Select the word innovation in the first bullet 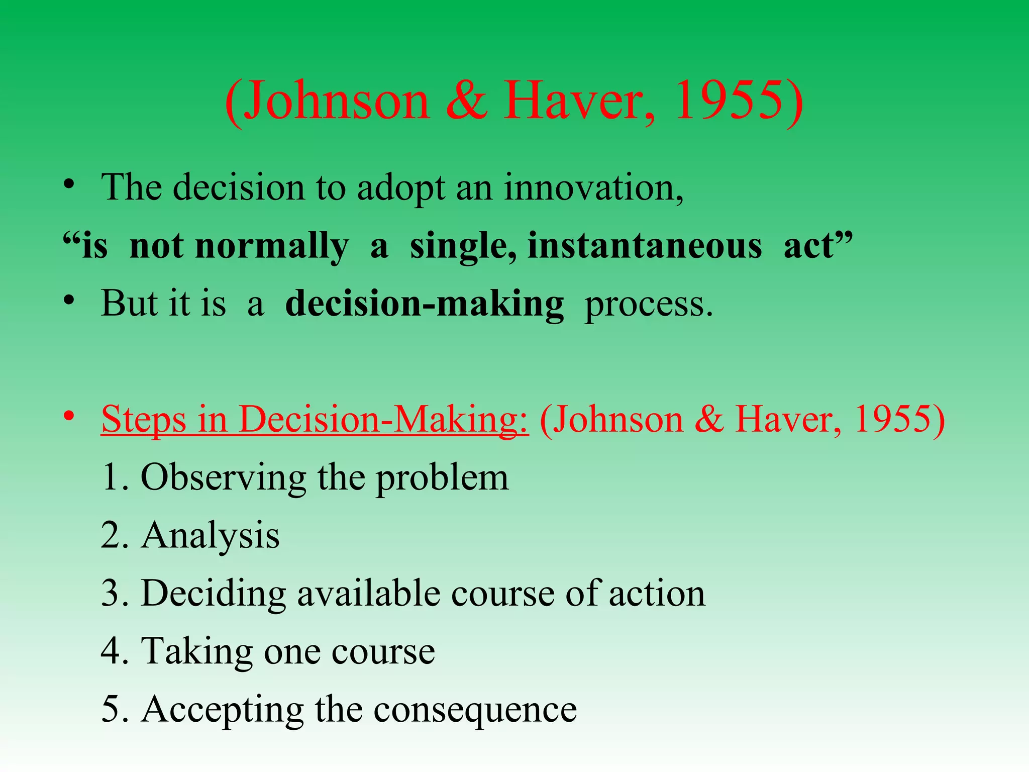(x=593, y=187)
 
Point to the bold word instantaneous (x=645, y=246)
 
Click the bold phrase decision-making (x=425, y=305)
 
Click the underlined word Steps (x=144, y=419)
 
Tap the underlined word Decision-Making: (x=384, y=419)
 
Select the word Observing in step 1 (x=223, y=477)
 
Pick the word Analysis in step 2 (x=210, y=536)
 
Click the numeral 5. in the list (x=115, y=709)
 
